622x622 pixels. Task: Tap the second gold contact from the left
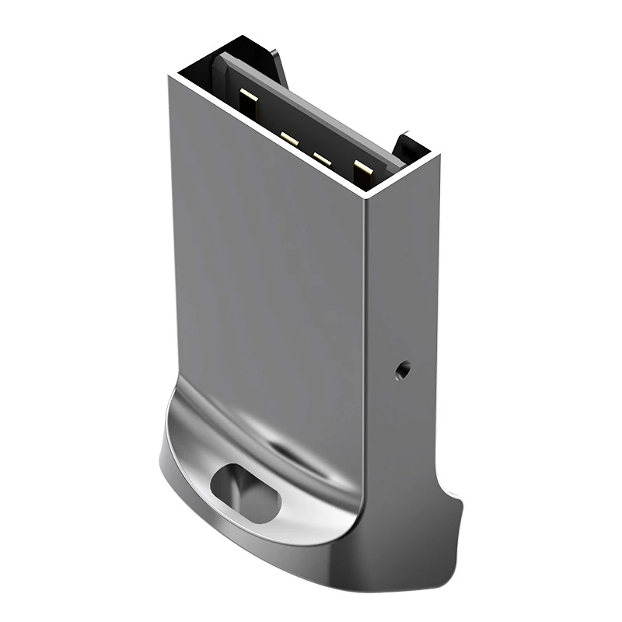click(x=289, y=139)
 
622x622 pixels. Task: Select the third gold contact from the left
click(x=322, y=159)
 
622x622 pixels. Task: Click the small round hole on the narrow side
click(x=401, y=369)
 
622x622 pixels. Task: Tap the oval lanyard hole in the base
click(x=245, y=492)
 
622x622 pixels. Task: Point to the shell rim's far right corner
click(x=439, y=155)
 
